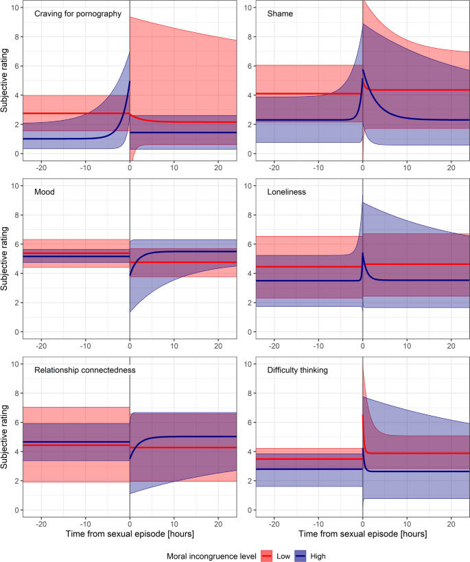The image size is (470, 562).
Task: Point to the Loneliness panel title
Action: pos(287,193)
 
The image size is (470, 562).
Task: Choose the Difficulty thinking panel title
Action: pos(300,371)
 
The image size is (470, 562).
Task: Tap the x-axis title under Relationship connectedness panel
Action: pos(130,532)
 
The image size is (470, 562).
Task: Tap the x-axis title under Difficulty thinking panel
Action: pos(362,532)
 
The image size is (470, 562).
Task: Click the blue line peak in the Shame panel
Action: pos(363,70)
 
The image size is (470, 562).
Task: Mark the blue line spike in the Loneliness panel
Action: pos(363,253)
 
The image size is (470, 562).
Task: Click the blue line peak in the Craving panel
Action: pos(129,82)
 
